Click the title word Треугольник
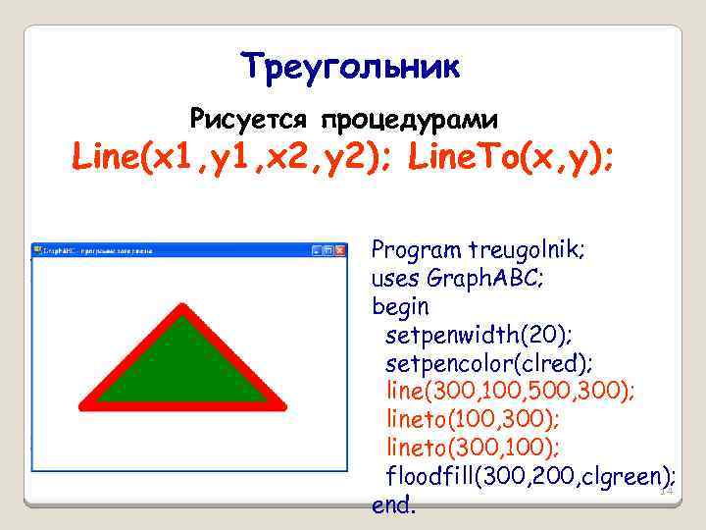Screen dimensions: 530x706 [350, 68]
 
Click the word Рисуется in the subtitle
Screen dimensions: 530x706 [247, 120]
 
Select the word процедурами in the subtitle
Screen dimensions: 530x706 [404, 121]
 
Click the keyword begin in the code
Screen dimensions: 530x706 [400, 306]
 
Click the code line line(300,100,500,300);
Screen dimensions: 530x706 [509, 393]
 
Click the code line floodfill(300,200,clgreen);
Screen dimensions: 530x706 [529, 478]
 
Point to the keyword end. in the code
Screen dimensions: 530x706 [394, 506]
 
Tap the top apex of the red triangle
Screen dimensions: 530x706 [181, 312]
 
